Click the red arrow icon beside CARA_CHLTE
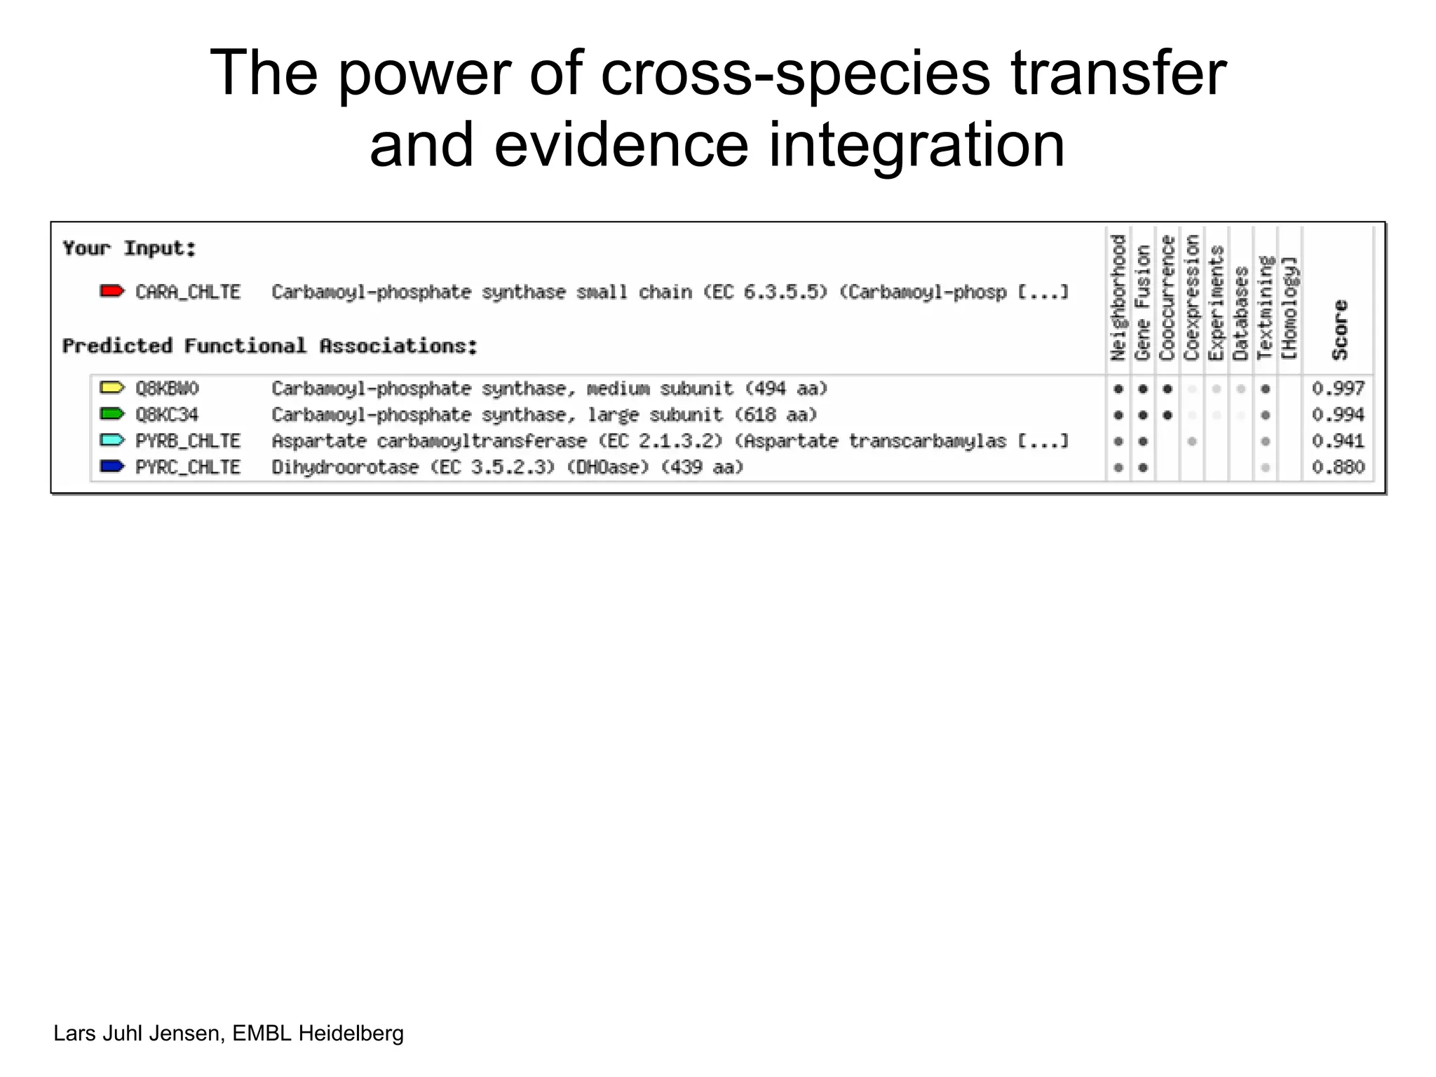tap(111, 291)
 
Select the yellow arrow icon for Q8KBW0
tap(111, 388)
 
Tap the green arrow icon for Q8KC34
tap(111, 414)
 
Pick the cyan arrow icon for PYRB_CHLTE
tap(111, 440)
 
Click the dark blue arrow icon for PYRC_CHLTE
tap(111, 466)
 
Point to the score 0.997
tap(1338, 388)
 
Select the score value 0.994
tap(1338, 414)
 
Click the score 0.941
tap(1338, 441)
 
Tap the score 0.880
tap(1338, 467)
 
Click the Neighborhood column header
tap(1118, 298)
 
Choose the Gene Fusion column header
tap(1142, 303)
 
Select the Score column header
tap(1340, 330)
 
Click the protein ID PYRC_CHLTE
tap(188, 467)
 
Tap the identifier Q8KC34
tap(167, 414)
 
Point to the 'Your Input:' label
tap(129, 248)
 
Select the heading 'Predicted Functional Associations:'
tap(270, 346)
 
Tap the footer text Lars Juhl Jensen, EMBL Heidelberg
tap(229, 1033)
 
